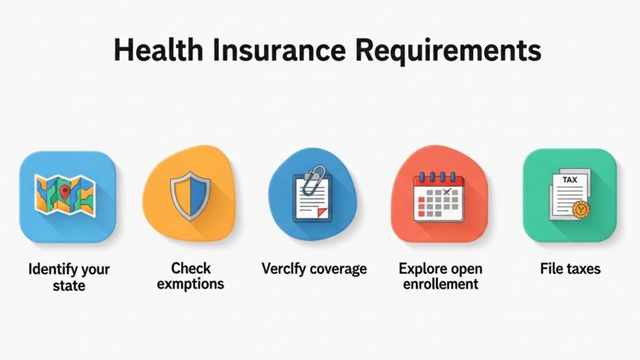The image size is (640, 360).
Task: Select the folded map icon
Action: click(65, 195)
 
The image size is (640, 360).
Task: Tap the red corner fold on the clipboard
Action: click(322, 212)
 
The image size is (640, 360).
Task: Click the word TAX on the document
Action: click(569, 179)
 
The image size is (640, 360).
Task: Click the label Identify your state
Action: click(69, 277)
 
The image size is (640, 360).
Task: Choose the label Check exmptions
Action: click(191, 276)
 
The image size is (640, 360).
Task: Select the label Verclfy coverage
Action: click(314, 269)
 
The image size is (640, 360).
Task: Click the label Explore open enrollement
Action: click(440, 276)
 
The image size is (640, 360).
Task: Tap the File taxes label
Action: click(570, 269)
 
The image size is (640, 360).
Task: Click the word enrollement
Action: click(440, 284)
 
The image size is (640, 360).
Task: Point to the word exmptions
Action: click(191, 284)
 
